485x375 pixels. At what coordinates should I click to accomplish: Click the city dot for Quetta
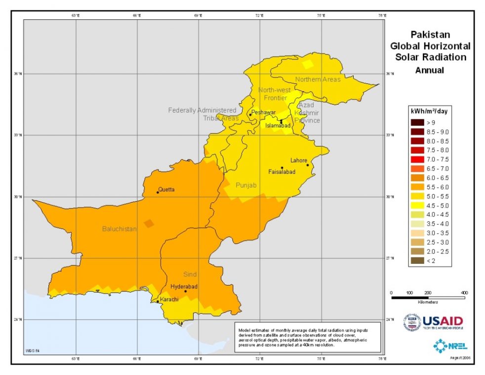(158, 192)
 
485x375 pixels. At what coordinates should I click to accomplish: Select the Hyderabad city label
(184, 287)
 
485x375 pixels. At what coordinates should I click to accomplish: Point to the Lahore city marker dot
(308, 165)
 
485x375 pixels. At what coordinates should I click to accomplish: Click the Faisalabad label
(282, 172)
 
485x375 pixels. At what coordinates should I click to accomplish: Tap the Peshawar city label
(263, 113)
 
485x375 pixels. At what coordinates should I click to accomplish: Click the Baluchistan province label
(120, 229)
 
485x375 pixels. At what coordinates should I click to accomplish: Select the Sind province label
(190, 274)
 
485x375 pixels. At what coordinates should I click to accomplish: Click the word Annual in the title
(429, 70)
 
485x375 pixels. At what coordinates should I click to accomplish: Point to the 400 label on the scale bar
(464, 292)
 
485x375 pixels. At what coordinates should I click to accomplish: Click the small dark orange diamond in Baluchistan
(149, 223)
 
